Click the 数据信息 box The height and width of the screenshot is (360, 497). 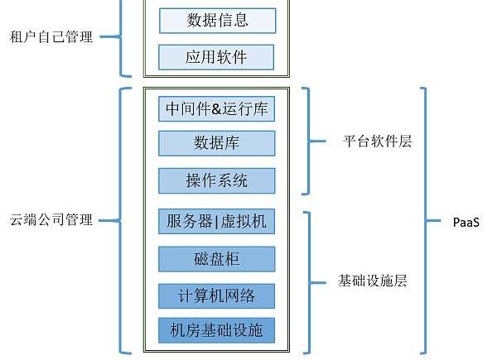tap(217, 21)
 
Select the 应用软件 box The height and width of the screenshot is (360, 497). tap(217, 57)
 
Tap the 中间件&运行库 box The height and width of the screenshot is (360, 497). tap(217, 108)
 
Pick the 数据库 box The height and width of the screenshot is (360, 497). tap(217, 142)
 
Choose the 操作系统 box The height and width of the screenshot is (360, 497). tap(217, 180)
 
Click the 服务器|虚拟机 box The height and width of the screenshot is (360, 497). tap(217, 222)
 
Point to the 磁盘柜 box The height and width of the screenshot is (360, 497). tap(217, 259)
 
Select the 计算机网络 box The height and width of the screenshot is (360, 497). tap(217, 295)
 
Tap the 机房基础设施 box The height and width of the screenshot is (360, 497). tap(217, 331)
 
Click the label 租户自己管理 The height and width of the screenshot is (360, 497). tap(51, 37)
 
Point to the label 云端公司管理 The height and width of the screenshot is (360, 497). tap(51, 220)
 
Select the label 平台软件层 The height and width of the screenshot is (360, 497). tap(378, 141)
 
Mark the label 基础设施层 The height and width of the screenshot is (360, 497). tap(373, 281)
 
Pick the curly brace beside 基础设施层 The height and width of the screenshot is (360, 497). tap(311, 281)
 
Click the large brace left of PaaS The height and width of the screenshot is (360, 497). tap(428, 221)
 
